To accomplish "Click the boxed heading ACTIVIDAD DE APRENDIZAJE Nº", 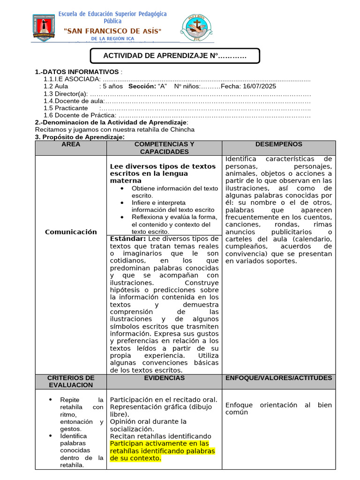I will click(x=174, y=56).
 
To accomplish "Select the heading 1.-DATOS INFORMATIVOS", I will click(x=77, y=72).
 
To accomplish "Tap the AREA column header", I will click(x=71, y=144).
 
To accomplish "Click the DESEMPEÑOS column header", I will click(x=279, y=144).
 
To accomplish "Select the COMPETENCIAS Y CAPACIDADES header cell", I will click(x=164, y=148).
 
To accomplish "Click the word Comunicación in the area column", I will click(x=71, y=232).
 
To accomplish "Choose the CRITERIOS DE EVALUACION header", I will click(x=71, y=381).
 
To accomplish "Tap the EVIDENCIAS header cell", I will click(x=164, y=378).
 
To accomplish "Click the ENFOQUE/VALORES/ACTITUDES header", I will click(x=279, y=378).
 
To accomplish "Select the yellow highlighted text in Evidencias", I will click(x=162, y=450).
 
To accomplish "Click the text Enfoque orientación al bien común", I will click(x=278, y=408).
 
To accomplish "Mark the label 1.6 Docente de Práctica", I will click(x=80, y=115).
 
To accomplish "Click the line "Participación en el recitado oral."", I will click(x=164, y=400).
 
